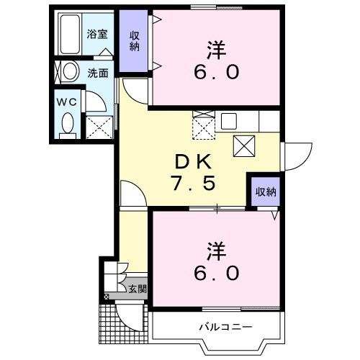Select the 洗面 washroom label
click(98, 73)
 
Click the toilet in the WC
click(67, 125)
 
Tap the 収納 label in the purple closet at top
click(135, 41)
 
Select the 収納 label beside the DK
click(265, 192)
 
